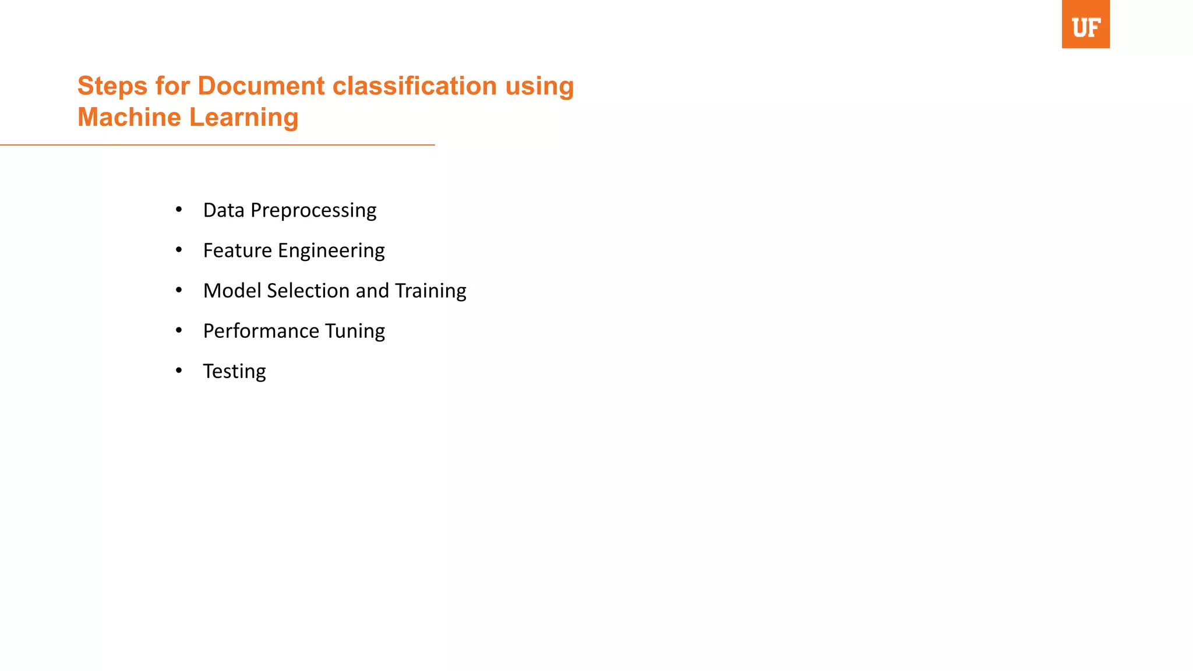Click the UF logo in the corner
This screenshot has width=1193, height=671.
click(1085, 24)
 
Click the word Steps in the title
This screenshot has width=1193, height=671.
click(112, 86)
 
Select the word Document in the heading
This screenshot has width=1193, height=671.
click(261, 86)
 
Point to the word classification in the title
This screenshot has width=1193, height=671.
click(414, 86)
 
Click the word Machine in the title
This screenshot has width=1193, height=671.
click(129, 118)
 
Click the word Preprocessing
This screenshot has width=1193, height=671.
click(313, 211)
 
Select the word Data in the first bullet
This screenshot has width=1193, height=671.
click(224, 210)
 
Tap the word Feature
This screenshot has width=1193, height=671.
click(237, 250)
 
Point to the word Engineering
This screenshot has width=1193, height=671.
click(331, 251)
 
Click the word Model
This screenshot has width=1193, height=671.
click(232, 291)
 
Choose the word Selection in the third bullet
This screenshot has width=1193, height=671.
click(308, 291)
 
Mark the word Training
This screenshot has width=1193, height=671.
click(430, 291)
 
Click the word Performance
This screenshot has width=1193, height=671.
click(261, 331)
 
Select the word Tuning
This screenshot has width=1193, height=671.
click(355, 331)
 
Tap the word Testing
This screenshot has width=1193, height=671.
click(234, 372)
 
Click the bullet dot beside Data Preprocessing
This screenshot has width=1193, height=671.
click(179, 209)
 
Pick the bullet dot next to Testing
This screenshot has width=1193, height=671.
click(179, 370)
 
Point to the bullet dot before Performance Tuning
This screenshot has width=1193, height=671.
click(179, 330)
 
